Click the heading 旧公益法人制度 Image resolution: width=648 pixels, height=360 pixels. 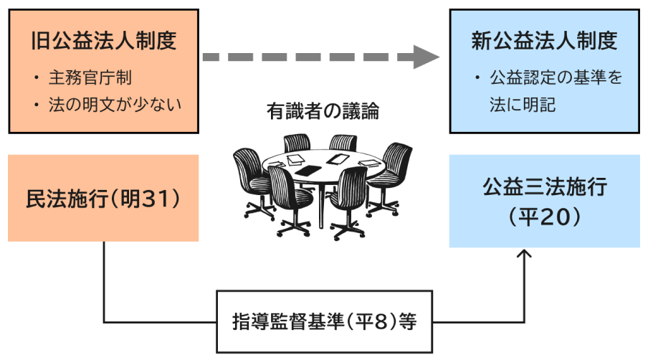[103, 41]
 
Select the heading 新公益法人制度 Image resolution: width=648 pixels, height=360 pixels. [544, 41]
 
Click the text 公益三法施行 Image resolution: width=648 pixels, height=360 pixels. [544, 188]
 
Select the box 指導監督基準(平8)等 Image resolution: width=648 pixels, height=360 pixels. [324, 321]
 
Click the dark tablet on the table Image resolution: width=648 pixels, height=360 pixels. [309, 171]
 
